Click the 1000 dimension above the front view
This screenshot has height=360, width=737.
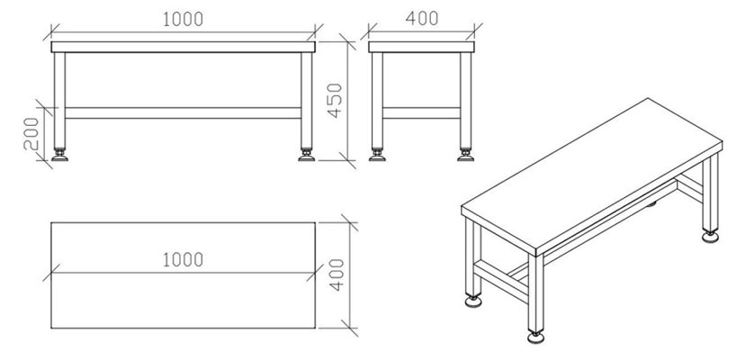pyautogui.click(x=184, y=19)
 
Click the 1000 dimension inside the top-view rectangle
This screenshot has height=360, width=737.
pyautogui.click(x=183, y=259)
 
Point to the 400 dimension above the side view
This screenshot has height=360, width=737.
pyautogui.click(x=422, y=18)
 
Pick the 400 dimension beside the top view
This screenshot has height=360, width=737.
pyautogui.click(x=335, y=273)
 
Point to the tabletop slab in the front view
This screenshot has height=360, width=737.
pyautogui.click(x=184, y=47)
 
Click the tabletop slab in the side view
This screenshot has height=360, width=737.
pyautogui.click(x=422, y=47)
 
